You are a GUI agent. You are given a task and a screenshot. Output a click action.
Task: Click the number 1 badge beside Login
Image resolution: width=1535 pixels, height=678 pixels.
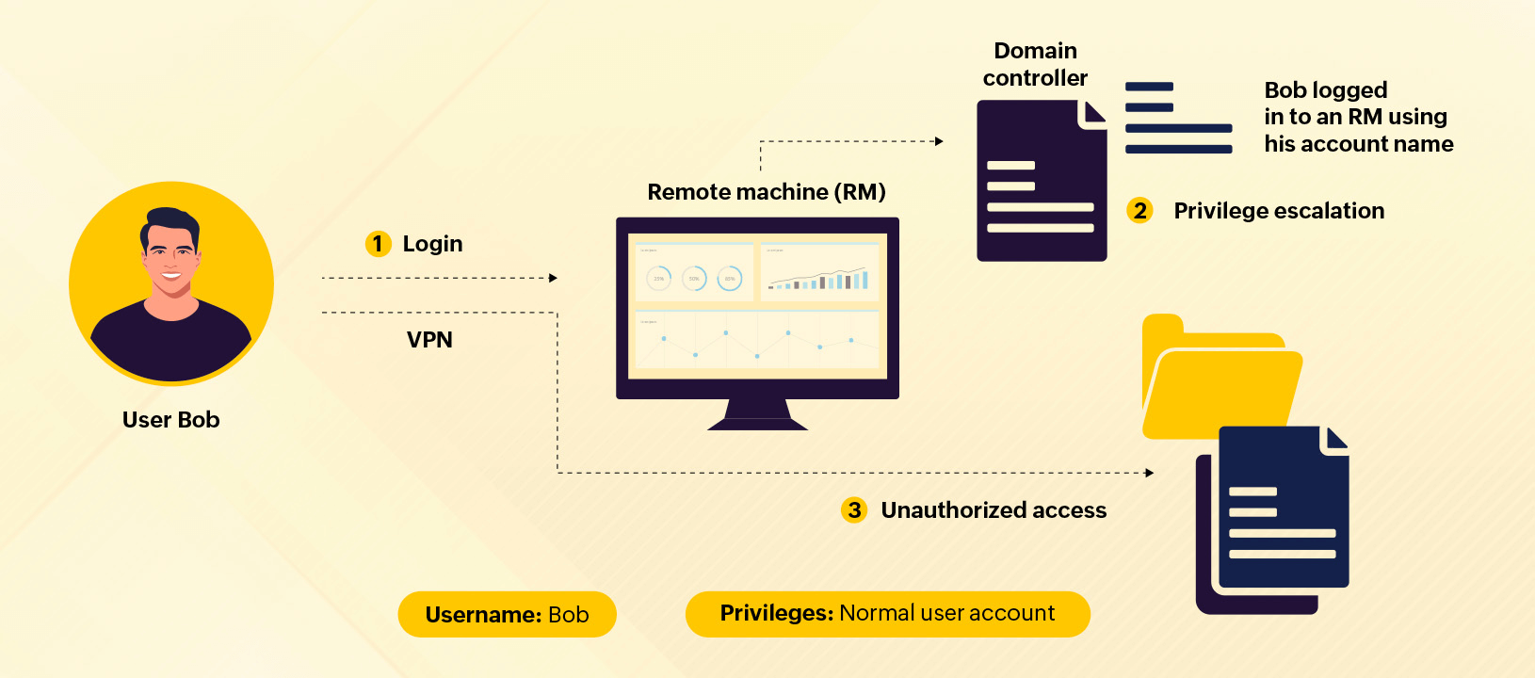(x=378, y=244)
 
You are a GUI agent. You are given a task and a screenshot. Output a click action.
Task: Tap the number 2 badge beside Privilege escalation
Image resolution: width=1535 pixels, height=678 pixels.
(x=1139, y=210)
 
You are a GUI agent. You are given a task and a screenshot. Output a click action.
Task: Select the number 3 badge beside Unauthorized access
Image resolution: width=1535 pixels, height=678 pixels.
(x=854, y=510)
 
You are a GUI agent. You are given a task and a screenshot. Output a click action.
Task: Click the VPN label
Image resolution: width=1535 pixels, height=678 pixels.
(x=429, y=340)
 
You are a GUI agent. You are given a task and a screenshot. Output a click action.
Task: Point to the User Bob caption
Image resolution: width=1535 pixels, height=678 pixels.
(x=170, y=420)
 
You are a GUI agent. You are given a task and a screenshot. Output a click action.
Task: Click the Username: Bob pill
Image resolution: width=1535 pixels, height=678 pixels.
(x=507, y=615)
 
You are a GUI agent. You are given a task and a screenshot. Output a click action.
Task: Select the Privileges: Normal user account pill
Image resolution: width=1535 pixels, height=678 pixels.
(x=887, y=614)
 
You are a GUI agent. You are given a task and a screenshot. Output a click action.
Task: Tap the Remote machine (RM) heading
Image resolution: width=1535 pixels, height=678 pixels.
(x=767, y=192)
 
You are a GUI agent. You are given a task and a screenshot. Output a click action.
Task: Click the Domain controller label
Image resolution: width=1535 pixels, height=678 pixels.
(x=1035, y=64)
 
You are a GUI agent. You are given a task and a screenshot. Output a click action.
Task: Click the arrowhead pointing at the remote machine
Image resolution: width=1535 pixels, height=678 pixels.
(x=554, y=278)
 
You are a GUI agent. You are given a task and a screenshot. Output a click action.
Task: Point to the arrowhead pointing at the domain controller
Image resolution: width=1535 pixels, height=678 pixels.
(x=939, y=141)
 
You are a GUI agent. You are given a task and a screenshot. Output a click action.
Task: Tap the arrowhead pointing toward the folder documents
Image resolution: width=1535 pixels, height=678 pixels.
(x=1150, y=473)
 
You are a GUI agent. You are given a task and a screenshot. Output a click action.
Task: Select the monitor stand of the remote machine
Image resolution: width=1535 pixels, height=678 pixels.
(x=757, y=415)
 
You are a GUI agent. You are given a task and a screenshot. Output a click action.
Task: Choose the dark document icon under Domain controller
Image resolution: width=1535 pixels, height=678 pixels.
(x=1041, y=181)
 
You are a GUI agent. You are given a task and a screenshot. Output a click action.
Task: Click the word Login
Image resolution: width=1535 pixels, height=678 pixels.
(x=432, y=244)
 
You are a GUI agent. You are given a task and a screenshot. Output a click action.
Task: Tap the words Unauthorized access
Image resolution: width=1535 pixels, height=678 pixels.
(x=994, y=510)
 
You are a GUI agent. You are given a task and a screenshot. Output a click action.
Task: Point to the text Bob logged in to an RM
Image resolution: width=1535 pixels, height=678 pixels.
(x=1357, y=117)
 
